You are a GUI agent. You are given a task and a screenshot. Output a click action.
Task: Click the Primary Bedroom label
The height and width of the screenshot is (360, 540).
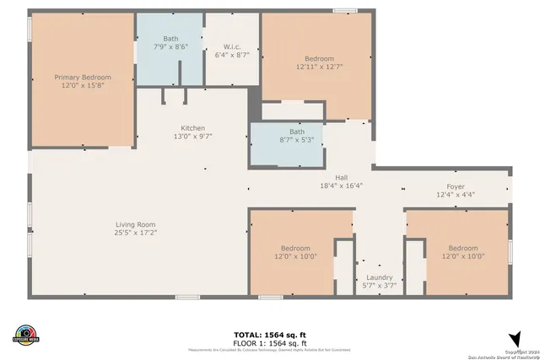[83, 77]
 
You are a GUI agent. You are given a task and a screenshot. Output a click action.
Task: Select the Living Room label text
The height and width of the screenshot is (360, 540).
[137, 223]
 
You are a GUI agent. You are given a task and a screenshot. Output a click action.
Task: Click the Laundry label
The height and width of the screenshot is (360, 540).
[378, 277]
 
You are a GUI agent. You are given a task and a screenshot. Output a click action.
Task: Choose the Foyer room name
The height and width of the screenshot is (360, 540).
[456, 186]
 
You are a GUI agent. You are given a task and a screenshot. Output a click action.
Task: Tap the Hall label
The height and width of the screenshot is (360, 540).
[341, 178]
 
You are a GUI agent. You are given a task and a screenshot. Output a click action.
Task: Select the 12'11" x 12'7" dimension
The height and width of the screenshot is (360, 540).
[319, 66]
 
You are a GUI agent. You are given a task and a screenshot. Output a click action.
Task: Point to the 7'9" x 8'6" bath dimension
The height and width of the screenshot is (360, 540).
[171, 46]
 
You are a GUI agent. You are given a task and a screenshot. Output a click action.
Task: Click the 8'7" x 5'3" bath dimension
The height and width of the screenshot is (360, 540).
[296, 139]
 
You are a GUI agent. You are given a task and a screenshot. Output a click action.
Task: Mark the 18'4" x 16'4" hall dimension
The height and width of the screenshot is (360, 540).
[341, 186]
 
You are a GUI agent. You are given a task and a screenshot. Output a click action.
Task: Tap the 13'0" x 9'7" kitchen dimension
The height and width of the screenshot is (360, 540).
[193, 136]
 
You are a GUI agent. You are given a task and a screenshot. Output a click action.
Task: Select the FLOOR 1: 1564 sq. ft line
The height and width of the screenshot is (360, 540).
[270, 343]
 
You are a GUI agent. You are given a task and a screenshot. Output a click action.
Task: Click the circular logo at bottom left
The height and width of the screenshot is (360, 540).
[26, 335]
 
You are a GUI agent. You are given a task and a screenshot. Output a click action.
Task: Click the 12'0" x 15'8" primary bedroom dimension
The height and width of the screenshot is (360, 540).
[83, 85]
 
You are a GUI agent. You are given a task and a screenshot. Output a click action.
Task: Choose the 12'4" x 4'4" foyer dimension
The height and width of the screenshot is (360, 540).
[456, 195]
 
